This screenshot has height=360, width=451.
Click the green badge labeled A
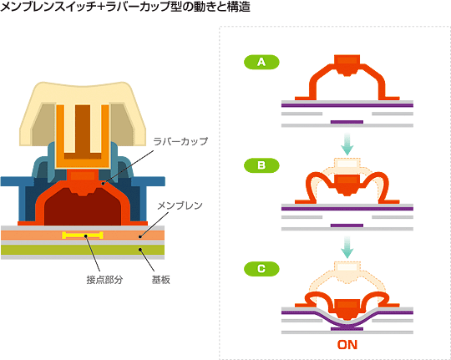coord(261,62)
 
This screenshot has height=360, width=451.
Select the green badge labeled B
coord(261,165)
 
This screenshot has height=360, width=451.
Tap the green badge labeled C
coord(261,269)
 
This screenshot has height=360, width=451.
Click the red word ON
coord(347,345)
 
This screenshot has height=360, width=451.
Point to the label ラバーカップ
coord(180,141)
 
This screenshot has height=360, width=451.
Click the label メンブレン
coord(180,205)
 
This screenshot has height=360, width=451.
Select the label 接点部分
coord(104,280)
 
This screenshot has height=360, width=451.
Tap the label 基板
coord(161,280)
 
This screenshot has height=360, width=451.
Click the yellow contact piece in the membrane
coord(83,236)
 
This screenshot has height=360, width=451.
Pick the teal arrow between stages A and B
coord(347,144)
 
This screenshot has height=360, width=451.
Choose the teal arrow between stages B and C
coord(347,247)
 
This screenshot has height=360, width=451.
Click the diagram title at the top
coord(125,7)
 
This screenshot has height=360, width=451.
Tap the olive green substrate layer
coord(83,250)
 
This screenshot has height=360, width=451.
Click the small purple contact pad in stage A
coord(347,122)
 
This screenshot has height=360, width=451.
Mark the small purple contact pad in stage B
coord(347,226)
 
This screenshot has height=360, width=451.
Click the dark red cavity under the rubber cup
coord(83,209)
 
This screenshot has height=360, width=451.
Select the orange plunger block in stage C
coord(347,309)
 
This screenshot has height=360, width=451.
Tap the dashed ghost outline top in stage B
coord(347,164)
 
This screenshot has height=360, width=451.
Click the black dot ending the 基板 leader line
coord(140,250)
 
